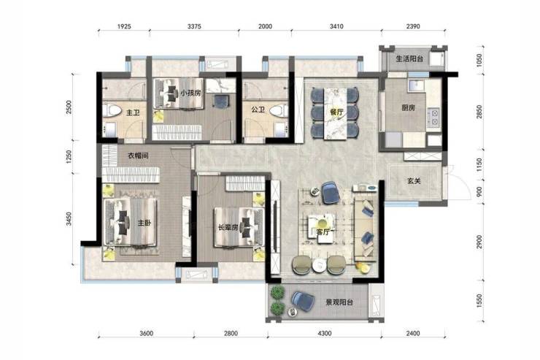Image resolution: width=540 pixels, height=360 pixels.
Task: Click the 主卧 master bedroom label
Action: click(x=144, y=223)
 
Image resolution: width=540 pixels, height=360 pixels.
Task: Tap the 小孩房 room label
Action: click(x=190, y=93)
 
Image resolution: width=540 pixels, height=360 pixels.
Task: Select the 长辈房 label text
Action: click(x=228, y=227)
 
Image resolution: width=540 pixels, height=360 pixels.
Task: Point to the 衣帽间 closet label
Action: click(x=138, y=156)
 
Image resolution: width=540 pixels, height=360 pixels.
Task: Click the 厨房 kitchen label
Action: click(x=409, y=108)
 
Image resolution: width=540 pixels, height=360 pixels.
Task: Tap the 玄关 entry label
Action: click(x=414, y=180)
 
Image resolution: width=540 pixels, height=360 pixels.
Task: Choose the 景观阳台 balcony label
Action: click(x=339, y=302)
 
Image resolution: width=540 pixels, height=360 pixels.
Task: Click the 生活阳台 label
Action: click(x=409, y=59)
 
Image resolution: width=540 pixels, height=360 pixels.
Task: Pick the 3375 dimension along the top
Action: click(x=194, y=26)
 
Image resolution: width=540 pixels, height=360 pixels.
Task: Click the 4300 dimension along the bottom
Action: click(x=325, y=333)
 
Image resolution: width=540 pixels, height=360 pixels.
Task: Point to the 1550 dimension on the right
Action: click(x=479, y=300)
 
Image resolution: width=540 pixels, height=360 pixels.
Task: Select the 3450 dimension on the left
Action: click(x=69, y=219)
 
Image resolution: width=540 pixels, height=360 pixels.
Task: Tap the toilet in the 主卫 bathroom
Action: click(x=112, y=111)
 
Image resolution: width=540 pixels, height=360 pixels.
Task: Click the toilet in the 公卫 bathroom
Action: click(x=279, y=111)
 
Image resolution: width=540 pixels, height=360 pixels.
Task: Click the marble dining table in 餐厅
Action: click(x=335, y=114)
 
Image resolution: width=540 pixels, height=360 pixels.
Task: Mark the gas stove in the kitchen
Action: click(x=434, y=117)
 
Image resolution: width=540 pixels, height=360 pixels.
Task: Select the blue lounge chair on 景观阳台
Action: click(x=303, y=301)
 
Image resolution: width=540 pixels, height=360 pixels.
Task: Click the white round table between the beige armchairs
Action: click(x=319, y=265)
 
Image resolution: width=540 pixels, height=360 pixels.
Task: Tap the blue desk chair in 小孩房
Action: click(x=220, y=101)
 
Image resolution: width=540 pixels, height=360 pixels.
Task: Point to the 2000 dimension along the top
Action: click(x=265, y=26)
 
